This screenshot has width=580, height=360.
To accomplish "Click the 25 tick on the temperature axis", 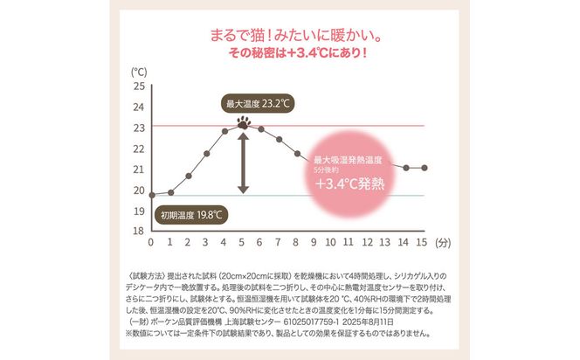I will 139,87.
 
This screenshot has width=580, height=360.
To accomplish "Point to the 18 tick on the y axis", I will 139,231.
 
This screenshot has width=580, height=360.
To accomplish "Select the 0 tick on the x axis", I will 151,242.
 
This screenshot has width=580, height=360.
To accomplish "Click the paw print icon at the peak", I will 242,124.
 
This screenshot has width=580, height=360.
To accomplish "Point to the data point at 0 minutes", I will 152,195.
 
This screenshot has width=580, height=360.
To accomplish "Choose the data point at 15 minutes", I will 425,168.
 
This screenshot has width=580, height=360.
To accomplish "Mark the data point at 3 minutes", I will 206,153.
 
